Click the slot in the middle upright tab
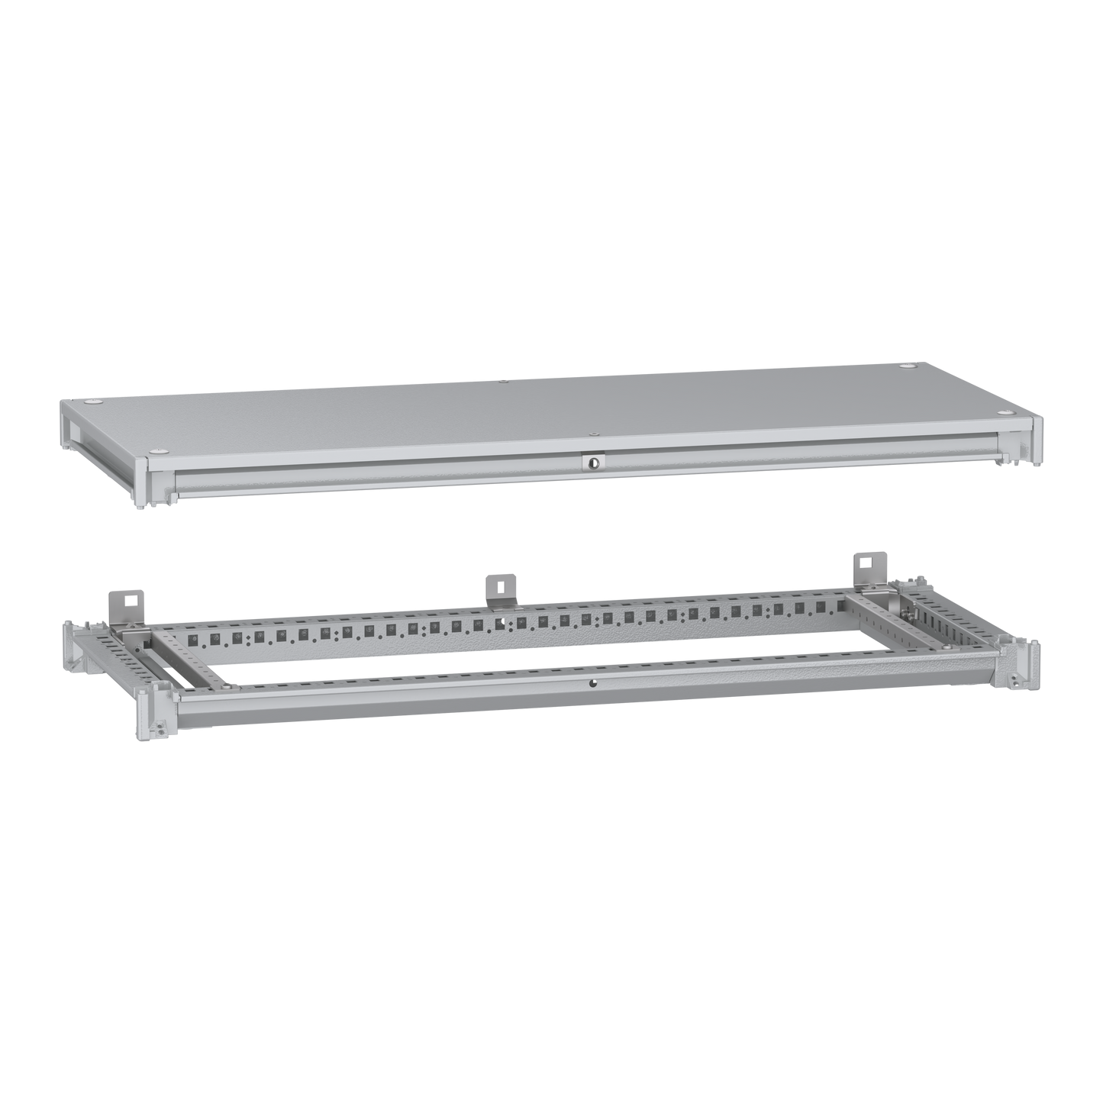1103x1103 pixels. [x=498, y=588]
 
